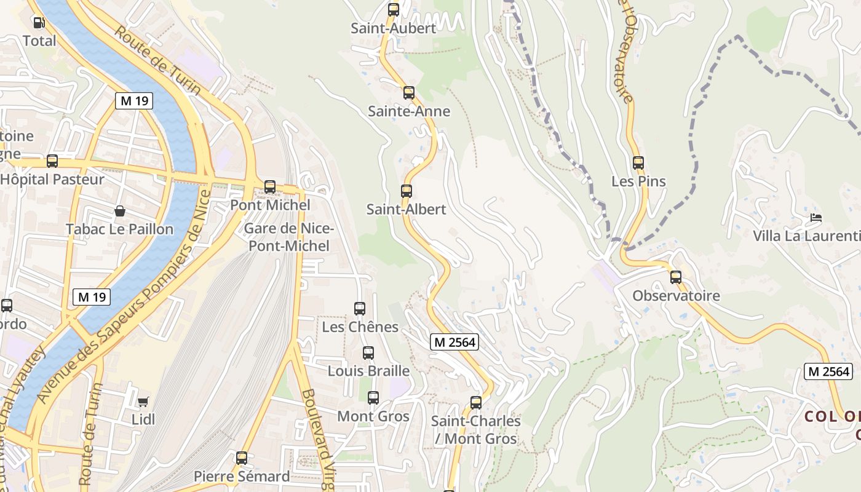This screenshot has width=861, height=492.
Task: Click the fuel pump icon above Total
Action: pyautogui.click(x=39, y=23)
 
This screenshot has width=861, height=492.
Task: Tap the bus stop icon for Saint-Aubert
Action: pyautogui.click(x=394, y=10)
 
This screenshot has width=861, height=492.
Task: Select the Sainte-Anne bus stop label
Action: pyautogui.click(x=409, y=111)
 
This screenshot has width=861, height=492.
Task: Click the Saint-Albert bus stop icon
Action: pyautogui.click(x=407, y=191)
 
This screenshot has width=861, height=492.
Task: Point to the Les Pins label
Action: pyautogui.click(x=638, y=181)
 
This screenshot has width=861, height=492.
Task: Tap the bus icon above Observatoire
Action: pyautogui.click(x=676, y=277)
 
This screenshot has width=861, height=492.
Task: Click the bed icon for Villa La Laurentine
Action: pyautogui.click(x=816, y=218)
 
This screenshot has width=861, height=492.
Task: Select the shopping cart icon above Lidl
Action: pyautogui.click(x=143, y=402)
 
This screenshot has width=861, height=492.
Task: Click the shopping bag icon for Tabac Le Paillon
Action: pyautogui.click(x=120, y=212)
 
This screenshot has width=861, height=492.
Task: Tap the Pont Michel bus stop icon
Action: pyautogui.click(x=269, y=187)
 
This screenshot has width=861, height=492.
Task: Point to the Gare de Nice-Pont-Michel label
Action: pyautogui.click(x=288, y=237)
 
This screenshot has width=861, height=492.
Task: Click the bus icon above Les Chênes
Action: pyautogui.click(x=360, y=309)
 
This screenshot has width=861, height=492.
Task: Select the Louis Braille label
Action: pyautogui.click(x=368, y=371)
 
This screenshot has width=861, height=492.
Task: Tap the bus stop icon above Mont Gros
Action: pyautogui.click(x=373, y=398)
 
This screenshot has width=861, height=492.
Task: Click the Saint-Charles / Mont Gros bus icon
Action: pyautogui.click(x=476, y=403)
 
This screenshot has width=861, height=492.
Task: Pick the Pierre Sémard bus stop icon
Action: pyautogui.click(x=242, y=458)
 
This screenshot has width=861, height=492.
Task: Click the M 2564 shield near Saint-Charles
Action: pyautogui.click(x=454, y=343)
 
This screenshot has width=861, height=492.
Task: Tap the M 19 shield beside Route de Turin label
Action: pyautogui.click(x=133, y=101)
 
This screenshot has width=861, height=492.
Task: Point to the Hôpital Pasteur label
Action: pyautogui.click(x=52, y=180)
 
